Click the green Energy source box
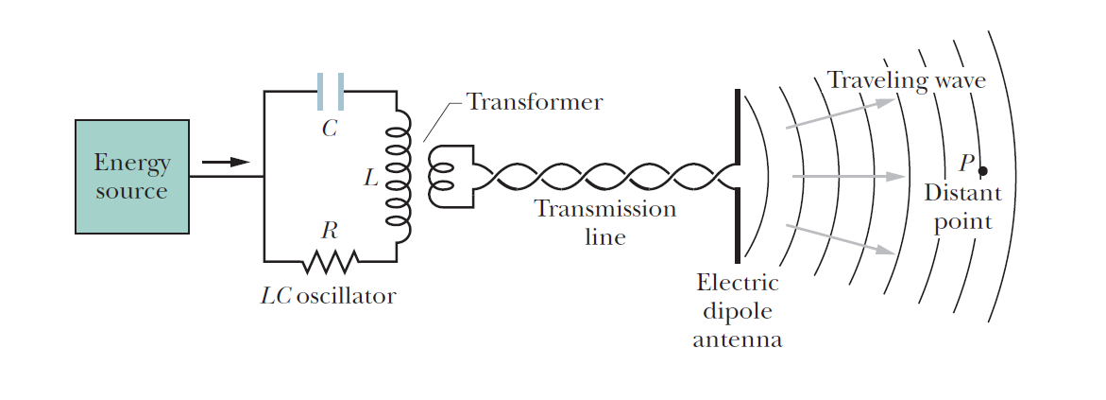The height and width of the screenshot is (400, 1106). tap(132, 177)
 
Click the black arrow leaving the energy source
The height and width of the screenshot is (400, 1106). tap(226, 163)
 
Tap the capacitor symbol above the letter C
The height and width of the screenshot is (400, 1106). tap(330, 92)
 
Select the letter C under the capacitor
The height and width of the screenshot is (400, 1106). tap(329, 129)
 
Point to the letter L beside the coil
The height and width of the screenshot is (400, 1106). tap(371, 177)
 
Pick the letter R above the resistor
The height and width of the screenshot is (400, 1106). tap(329, 230)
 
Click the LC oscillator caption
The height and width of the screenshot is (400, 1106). tap(328, 296)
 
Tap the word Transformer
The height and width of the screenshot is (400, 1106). tap(534, 102)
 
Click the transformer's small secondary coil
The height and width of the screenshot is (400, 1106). tap(442, 177)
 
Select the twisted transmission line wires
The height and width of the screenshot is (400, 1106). tap(604, 177)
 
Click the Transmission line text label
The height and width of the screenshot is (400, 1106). tap(605, 222)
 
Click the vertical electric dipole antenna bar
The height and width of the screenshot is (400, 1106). tap(737, 177)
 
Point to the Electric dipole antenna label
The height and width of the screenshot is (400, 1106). tap(737, 310)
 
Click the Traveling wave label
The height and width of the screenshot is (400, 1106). tap(906, 80)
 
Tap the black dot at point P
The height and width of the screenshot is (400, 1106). tap(982, 171)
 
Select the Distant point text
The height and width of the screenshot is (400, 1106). tap(962, 207)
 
